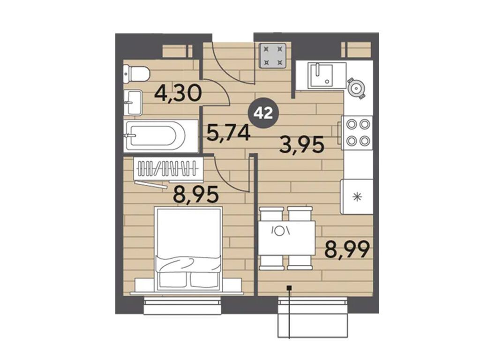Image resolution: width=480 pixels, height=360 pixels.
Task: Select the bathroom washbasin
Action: [133, 103]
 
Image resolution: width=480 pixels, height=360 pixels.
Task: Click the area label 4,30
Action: [178, 93]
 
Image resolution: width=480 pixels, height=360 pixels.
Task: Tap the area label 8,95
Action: [196, 195]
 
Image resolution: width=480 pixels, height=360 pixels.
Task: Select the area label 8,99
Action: [347, 249]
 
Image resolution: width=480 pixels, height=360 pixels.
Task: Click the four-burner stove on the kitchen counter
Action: [357, 133]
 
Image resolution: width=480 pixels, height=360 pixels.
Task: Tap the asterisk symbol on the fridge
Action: [357, 197]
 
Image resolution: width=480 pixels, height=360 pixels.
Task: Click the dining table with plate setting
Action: [286, 238]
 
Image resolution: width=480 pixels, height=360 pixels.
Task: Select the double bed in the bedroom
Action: [188, 248]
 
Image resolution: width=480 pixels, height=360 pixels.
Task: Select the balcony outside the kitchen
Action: [313, 317]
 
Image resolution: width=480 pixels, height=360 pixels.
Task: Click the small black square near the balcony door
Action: [289, 287]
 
